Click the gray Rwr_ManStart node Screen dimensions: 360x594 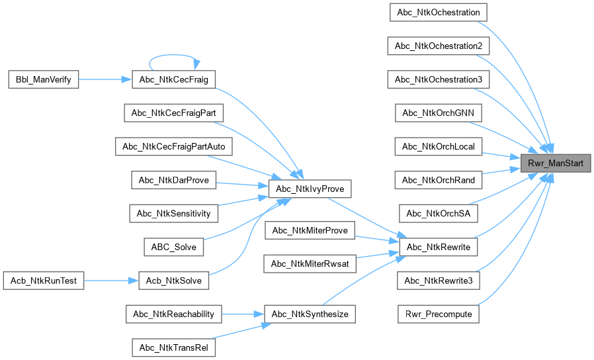tap(554, 162)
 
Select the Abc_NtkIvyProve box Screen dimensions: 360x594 tap(310, 189)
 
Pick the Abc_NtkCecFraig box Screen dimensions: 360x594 tap(174, 79)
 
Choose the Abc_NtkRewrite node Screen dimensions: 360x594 tap(439, 247)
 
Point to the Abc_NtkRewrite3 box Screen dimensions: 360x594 tap(439, 281)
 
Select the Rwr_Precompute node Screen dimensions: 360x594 tap(439, 314)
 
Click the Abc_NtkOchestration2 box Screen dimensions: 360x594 tap(439, 46)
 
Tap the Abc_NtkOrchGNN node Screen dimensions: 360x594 tap(439, 112)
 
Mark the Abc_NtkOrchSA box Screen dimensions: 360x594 tap(439, 213)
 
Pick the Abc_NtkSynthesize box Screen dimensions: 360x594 tap(310, 314)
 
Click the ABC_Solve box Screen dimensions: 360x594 tap(174, 247)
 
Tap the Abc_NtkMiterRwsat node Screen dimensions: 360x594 tap(310, 263)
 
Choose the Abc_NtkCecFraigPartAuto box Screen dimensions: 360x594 tap(174, 146)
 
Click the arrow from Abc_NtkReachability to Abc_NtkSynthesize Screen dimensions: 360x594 tap(242, 314)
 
